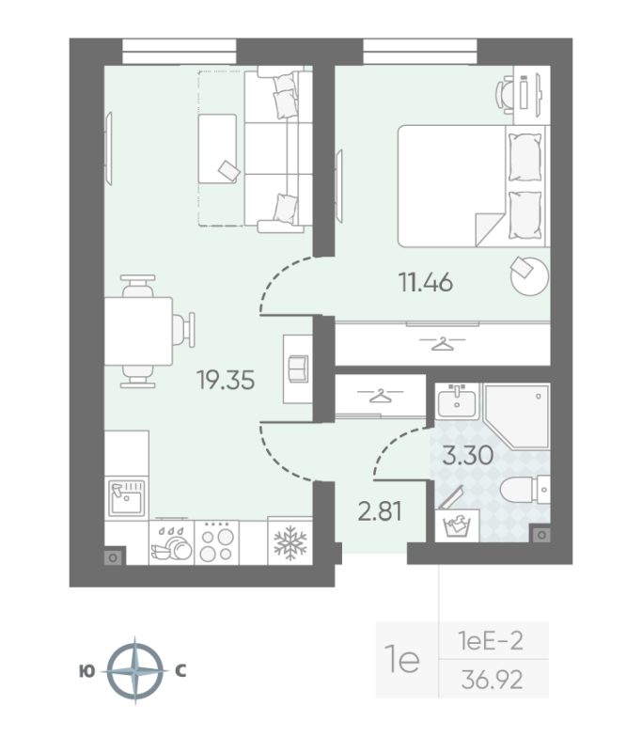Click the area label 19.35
click(226, 380)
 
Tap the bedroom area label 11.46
click(425, 282)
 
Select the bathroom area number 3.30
click(467, 455)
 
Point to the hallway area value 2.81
click(380, 511)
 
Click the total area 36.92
click(492, 680)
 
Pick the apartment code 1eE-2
click(491, 641)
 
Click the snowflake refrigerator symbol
click(290, 543)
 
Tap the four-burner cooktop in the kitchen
click(217, 542)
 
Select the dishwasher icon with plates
click(172, 542)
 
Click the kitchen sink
click(126, 498)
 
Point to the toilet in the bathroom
click(525, 490)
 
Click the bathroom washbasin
click(457, 401)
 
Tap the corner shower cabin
click(516, 415)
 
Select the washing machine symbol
click(457, 526)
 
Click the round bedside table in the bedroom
click(529, 275)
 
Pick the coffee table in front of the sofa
click(218, 149)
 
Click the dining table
click(138, 331)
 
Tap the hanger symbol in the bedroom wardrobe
click(443, 343)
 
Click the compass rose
click(135, 670)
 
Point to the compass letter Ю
click(86, 671)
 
